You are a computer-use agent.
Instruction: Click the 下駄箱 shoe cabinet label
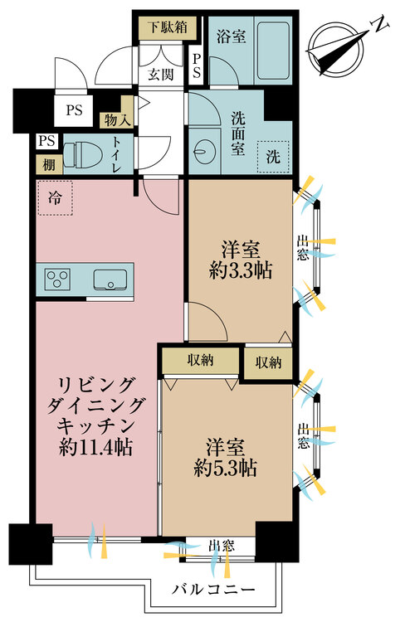tap(168, 26)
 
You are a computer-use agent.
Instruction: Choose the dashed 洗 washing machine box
tap(272, 157)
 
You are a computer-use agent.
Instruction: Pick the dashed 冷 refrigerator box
tap(54, 199)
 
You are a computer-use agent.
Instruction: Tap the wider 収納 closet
tap(200, 362)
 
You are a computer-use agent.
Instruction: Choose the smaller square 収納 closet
tap(267, 362)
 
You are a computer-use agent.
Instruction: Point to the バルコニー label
tap(213, 590)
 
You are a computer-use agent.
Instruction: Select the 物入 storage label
tap(116, 120)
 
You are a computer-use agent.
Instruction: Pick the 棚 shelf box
tap(48, 164)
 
